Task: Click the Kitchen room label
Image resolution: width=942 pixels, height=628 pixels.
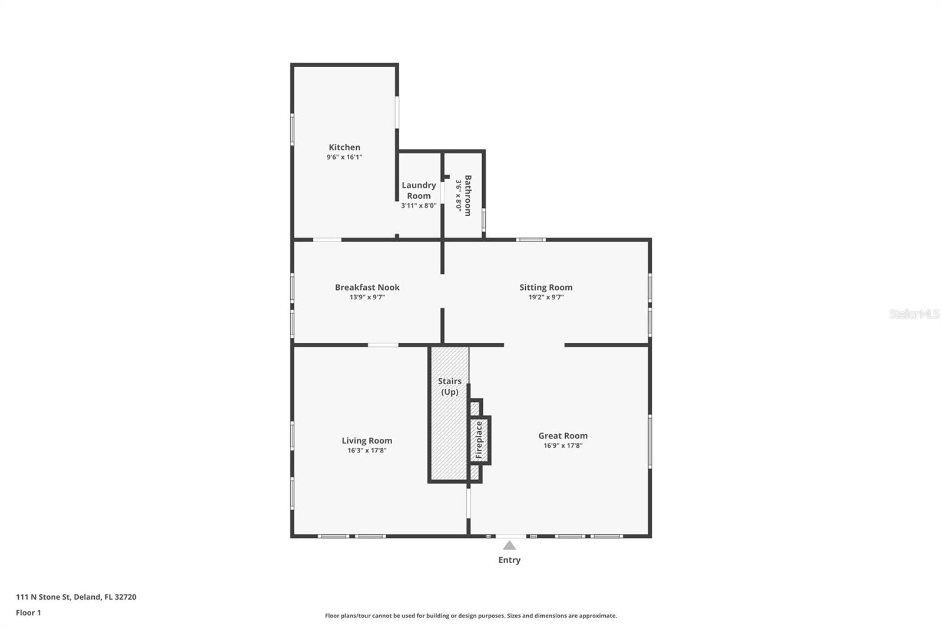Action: (344, 147)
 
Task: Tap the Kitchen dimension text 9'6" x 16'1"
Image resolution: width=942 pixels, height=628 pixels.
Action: (344, 157)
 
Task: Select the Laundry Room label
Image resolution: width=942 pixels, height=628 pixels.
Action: (419, 190)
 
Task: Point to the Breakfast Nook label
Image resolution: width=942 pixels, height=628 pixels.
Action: (367, 287)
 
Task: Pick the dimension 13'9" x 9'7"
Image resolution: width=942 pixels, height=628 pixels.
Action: (367, 298)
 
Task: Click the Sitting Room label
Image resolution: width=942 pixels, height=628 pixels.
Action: (546, 287)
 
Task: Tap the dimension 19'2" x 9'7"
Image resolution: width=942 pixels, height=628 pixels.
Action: (546, 298)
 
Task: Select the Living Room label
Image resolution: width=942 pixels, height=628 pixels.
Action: (367, 441)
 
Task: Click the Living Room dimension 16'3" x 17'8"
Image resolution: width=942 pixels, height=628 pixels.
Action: (367, 451)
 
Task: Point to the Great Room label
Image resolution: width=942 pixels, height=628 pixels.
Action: (563, 436)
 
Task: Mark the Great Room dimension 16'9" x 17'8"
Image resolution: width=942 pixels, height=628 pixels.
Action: (563, 446)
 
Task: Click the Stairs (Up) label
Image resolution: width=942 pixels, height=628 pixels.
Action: (450, 386)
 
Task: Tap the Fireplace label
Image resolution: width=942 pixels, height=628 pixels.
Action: (479, 440)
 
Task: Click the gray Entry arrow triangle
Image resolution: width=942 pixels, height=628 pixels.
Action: (509, 546)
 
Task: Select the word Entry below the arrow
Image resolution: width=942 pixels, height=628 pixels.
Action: (509, 560)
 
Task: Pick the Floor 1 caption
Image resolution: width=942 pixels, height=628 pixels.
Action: (28, 613)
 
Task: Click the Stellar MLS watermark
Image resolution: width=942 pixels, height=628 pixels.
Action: (914, 314)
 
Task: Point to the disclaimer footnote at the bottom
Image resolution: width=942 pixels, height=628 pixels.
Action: (471, 616)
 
